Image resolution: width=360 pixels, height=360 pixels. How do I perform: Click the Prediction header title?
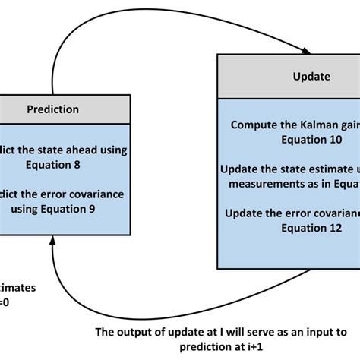(x=52, y=109)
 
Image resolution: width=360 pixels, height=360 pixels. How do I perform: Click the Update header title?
(x=311, y=76)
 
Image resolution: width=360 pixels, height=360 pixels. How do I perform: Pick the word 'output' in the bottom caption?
(x=135, y=332)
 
